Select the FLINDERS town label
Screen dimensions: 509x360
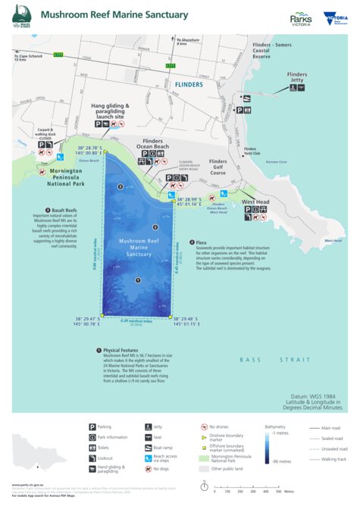click(186, 84)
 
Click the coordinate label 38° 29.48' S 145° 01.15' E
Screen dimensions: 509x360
click(186, 322)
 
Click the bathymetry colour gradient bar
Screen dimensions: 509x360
click(268, 447)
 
